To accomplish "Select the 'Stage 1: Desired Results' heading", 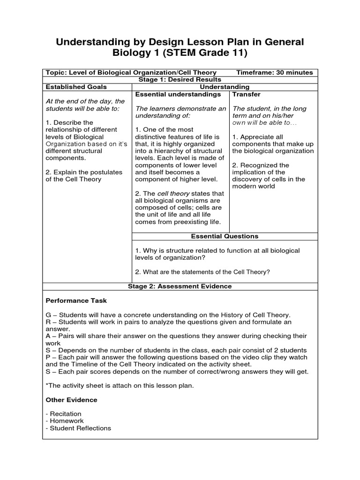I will coord(180,80).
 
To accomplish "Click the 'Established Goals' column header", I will coord(76,87).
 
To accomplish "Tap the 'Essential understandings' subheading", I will coord(178,94).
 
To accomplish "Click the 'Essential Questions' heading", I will coord(224,236).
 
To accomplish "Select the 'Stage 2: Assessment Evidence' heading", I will coord(180,286).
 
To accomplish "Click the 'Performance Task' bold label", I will coord(76,300).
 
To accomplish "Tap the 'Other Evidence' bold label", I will coord(71,400).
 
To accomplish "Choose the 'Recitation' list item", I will coord(65,414).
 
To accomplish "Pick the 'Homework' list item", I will coord(65,421).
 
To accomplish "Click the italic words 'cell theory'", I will coord(173,194).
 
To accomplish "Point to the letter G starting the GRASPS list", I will coord(48,315).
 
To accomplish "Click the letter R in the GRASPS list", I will coord(48,322).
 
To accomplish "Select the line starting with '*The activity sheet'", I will coord(120,386).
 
